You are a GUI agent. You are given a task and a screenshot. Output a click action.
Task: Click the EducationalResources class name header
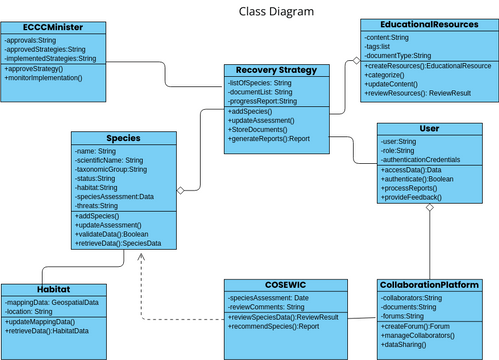click(x=427, y=23)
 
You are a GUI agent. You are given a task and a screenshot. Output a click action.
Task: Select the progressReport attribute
click(x=265, y=101)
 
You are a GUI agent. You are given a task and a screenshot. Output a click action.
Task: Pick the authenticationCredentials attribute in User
click(x=422, y=160)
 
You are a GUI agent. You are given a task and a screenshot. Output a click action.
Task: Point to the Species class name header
click(x=122, y=138)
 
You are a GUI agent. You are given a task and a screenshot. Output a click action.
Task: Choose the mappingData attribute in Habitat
click(x=52, y=302)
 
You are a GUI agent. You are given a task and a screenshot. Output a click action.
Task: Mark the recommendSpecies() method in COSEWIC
click(x=275, y=326)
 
